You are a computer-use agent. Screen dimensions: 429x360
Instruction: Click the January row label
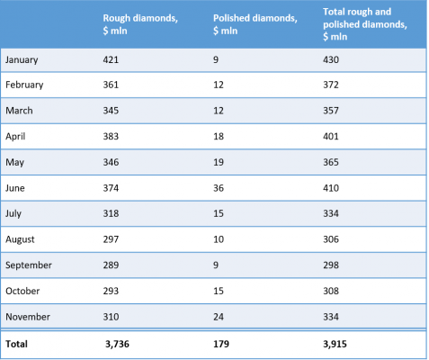coord(22,59)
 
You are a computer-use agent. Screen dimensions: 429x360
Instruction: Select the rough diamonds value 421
coord(111,59)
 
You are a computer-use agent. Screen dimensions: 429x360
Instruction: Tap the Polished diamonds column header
coord(255,24)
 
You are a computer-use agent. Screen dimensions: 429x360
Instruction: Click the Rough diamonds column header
coord(140,24)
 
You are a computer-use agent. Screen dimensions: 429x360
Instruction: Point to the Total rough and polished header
coord(365,24)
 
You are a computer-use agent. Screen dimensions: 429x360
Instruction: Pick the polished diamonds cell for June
coord(219,188)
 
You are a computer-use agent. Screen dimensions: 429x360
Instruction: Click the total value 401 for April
coord(331,137)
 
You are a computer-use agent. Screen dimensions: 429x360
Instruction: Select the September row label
coord(29,265)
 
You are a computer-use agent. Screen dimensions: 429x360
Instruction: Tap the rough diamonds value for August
coord(111,239)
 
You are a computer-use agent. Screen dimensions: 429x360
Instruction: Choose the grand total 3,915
coord(335,344)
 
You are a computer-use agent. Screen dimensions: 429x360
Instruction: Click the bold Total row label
coord(16,344)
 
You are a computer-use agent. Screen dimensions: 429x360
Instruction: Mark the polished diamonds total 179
coord(221,344)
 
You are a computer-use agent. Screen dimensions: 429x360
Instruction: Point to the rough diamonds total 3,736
coord(117,344)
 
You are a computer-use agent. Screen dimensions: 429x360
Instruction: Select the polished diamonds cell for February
coord(219,85)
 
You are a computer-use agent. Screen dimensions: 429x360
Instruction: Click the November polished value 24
coord(219,317)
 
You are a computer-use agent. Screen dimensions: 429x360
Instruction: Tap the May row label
coord(14,163)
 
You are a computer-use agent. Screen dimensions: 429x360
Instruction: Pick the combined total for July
coord(331,213)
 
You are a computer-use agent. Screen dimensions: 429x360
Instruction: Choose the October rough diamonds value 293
coord(111,291)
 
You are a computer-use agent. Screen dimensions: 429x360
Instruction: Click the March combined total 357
coord(331,111)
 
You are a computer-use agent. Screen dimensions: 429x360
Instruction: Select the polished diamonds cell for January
coord(216,59)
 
